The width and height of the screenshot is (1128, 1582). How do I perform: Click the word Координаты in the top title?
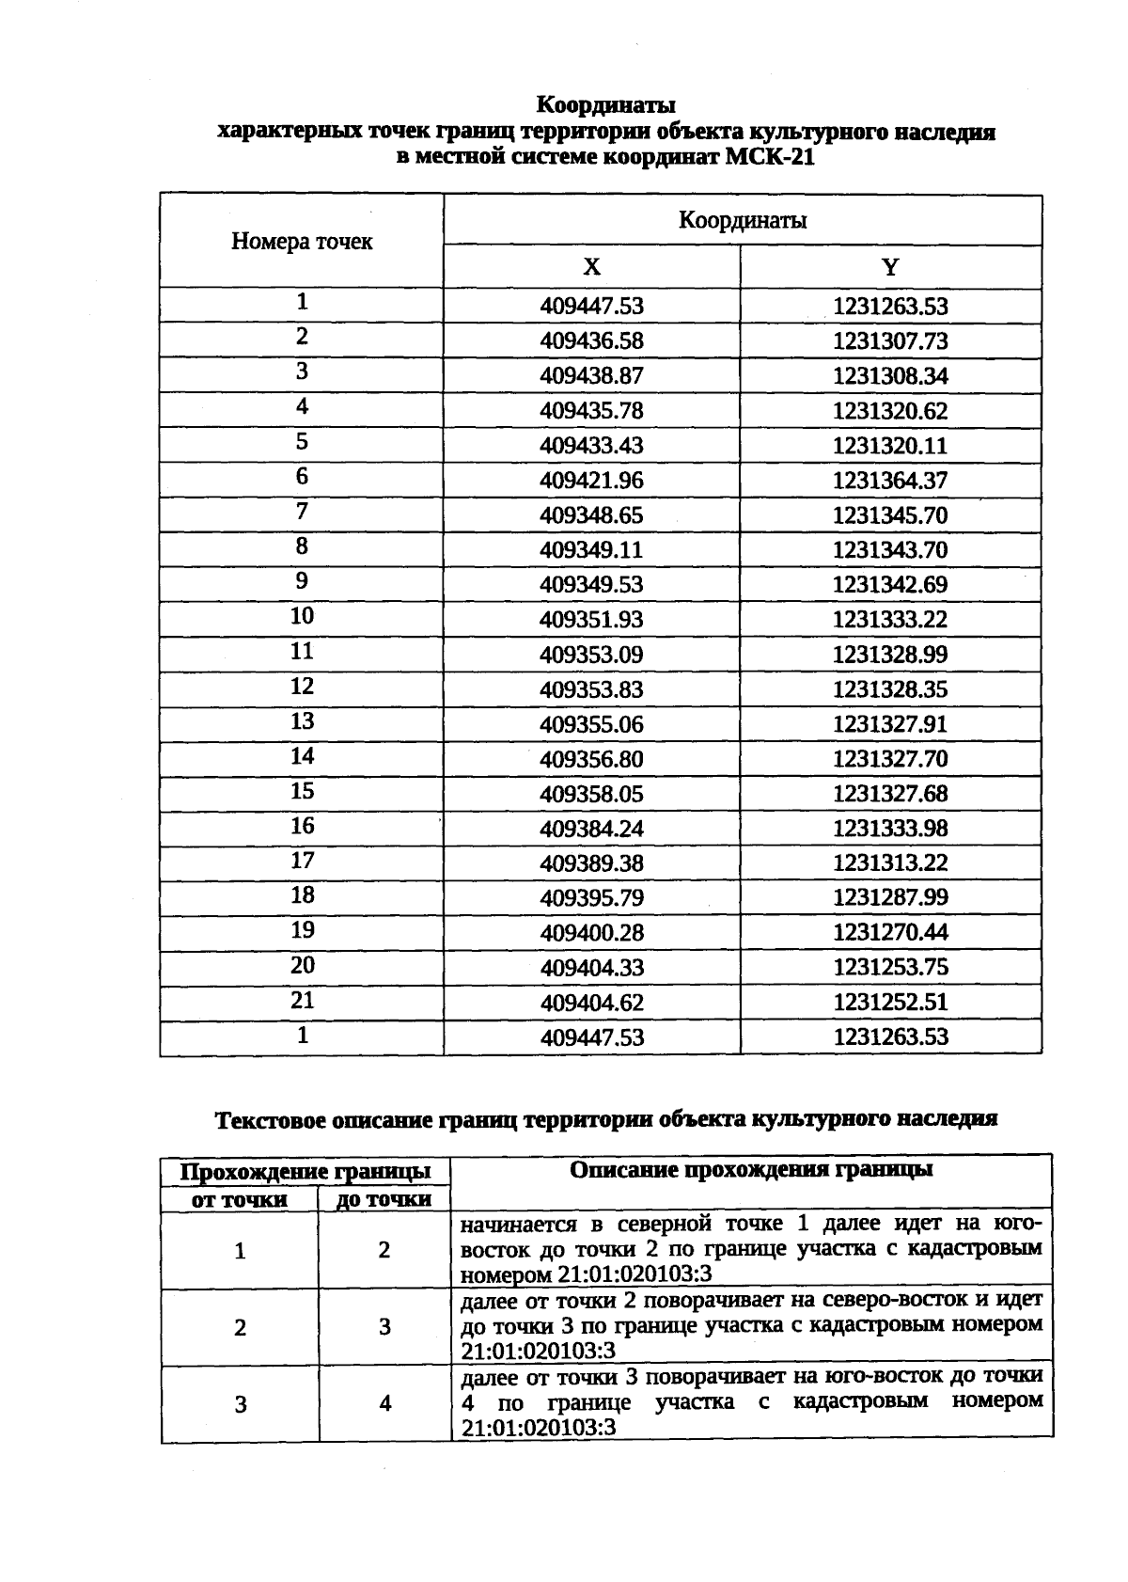606,103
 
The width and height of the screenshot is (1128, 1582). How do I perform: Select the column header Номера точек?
302,242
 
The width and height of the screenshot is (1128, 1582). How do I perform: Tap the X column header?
591,267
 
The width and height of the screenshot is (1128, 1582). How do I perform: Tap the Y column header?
890,267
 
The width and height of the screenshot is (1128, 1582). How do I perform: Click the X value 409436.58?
591,341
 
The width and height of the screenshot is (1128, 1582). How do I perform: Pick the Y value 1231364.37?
890,481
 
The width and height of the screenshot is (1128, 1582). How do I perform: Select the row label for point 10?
302,616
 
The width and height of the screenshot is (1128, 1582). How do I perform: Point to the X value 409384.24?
591,829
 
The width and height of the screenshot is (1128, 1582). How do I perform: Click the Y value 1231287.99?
890,898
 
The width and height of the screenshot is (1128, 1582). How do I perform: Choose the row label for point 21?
302,1000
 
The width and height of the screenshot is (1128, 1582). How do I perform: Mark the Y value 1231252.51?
890,1003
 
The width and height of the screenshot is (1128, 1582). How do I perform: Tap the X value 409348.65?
591,515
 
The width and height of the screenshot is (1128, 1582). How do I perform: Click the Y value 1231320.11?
890,446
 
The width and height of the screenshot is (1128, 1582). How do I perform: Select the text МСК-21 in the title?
770,157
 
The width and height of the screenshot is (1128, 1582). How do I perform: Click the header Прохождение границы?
305,1172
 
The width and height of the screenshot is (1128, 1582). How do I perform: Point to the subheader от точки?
240,1200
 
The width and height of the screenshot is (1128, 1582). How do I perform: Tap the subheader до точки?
384,1200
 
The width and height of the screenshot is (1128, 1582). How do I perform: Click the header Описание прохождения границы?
751,1170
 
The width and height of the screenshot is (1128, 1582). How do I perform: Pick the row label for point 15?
302,791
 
